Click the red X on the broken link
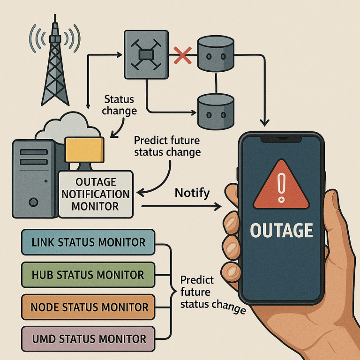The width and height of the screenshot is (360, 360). (182, 55)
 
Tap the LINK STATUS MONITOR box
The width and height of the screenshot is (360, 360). (88, 242)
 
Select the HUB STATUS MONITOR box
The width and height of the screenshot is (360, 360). (88, 275)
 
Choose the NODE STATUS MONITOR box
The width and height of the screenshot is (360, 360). (88, 307)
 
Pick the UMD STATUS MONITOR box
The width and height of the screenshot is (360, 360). (88, 339)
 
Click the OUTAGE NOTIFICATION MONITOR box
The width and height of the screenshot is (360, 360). (96, 194)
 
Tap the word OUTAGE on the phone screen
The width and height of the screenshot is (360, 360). (281, 230)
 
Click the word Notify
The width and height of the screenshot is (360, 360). (192, 193)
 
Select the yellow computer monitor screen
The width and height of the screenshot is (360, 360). (84, 150)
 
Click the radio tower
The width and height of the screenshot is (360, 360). (55, 62)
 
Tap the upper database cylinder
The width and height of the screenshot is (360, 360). (216, 53)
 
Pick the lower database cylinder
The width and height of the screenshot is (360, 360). (216, 112)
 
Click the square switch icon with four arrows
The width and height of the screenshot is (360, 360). (146, 55)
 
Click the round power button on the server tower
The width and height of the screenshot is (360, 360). (34, 202)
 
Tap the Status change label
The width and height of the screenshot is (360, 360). (119, 105)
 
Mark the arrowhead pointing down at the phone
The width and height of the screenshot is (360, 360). (265, 123)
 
